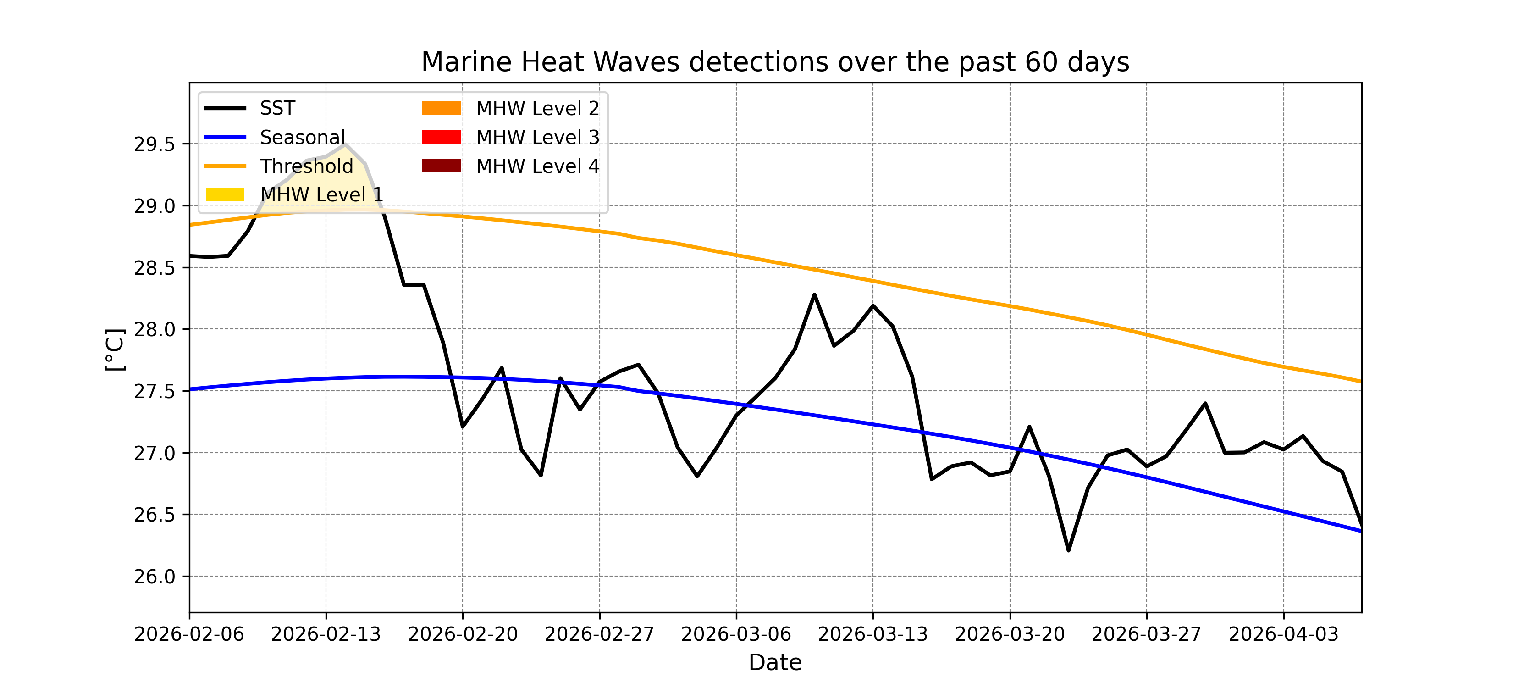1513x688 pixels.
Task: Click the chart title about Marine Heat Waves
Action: tap(775, 62)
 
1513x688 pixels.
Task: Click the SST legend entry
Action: tap(277, 108)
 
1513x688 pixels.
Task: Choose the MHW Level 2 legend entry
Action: tap(537, 108)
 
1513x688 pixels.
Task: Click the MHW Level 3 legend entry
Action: tap(537, 137)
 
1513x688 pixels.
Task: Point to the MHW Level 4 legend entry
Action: tap(537, 166)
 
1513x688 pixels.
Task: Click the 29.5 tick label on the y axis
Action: tap(155, 144)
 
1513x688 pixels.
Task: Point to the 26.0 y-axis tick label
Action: tap(155, 577)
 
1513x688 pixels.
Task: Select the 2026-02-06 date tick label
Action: tap(189, 634)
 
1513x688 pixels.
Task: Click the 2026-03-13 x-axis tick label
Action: tap(873, 634)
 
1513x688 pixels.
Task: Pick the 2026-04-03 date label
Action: tap(1283, 634)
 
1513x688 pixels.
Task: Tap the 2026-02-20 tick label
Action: tap(463, 634)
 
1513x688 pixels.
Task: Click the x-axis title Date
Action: tap(775, 663)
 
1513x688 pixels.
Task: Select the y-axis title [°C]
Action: tap(115, 349)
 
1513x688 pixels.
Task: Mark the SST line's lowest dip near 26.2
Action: tap(1068, 550)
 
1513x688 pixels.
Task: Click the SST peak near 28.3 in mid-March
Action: tap(814, 294)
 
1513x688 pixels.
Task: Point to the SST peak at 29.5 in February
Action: tap(345, 144)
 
